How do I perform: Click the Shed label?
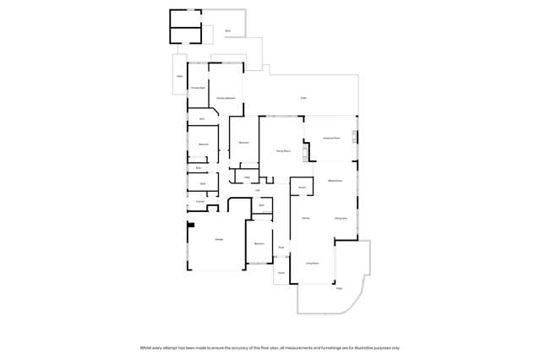[227, 31]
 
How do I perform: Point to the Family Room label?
[283, 150]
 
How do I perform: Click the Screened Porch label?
[331, 138]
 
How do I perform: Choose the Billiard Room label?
[335, 181]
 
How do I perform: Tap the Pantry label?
[301, 187]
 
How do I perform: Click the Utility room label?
[248, 177]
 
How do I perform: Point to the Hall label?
[257, 190]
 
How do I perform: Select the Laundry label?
[201, 201]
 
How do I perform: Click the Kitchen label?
[305, 218]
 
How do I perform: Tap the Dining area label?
[341, 218]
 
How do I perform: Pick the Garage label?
[219, 240]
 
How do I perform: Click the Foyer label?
[281, 247]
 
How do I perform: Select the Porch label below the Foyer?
[281, 273]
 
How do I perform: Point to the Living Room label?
[312, 264]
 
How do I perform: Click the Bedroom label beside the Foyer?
[259, 243]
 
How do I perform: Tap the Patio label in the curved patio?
[340, 289]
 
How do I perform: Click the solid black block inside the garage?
[192, 225]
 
